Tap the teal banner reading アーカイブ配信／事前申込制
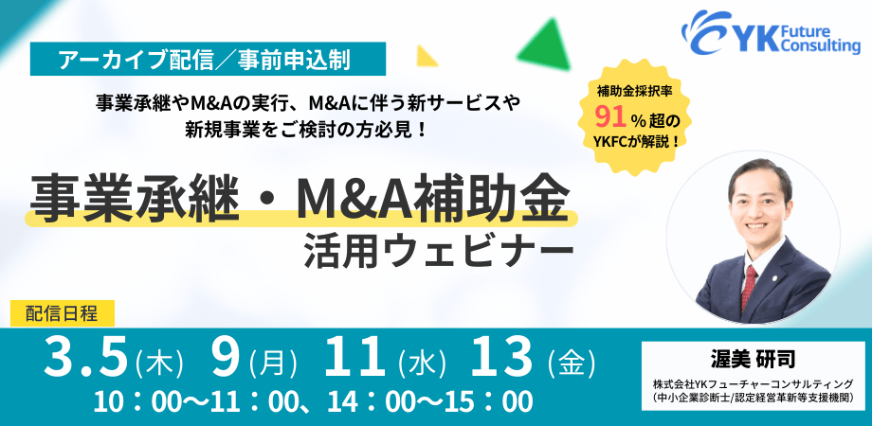coord(207,60)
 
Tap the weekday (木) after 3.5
coord(158,362)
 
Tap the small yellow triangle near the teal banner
coord(427,55)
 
